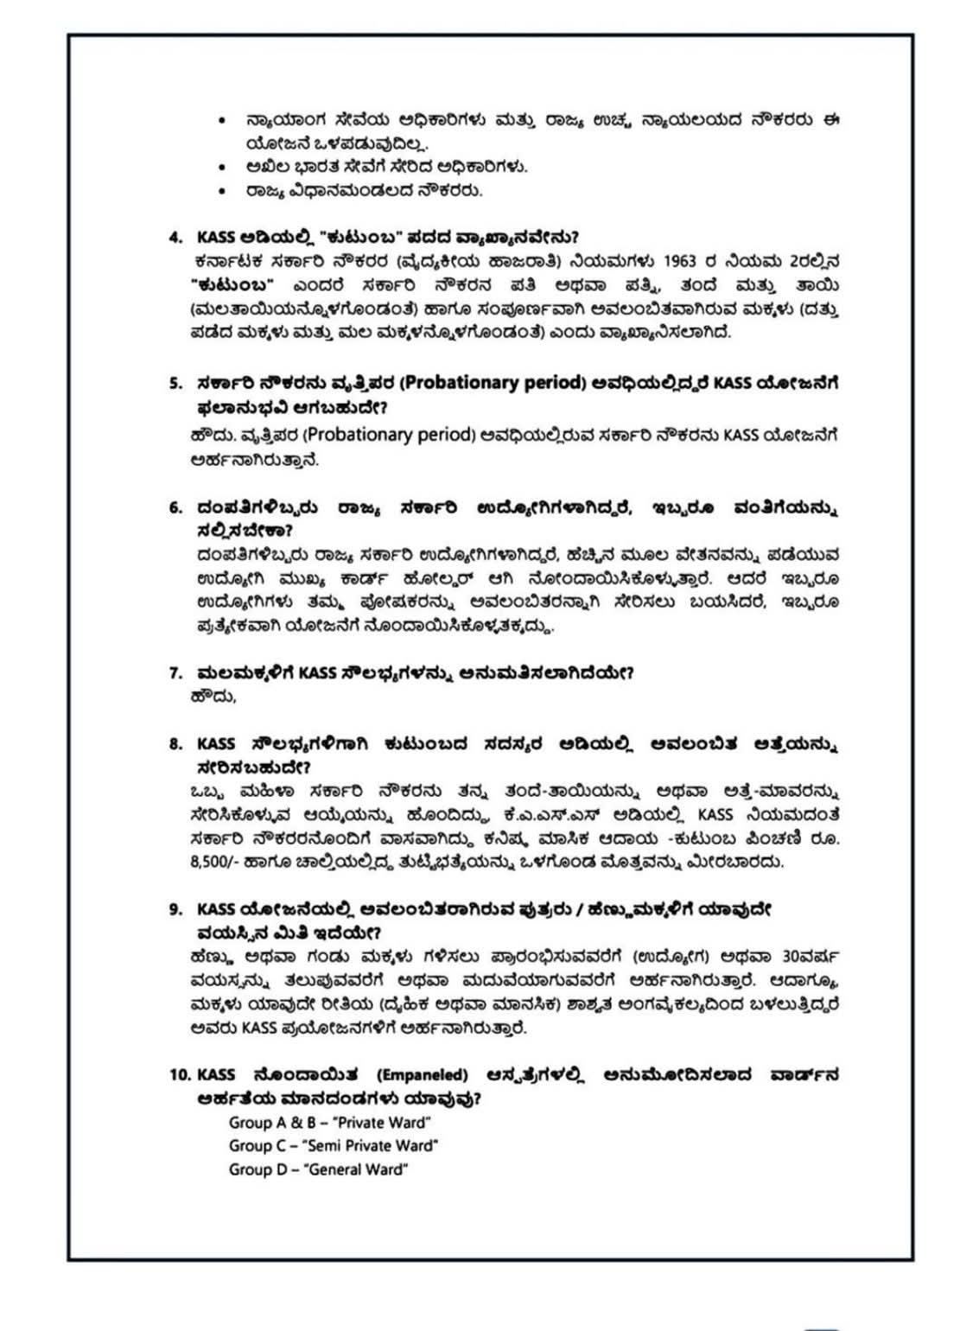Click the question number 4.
[x=175, y=237]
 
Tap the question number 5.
[x=175, y=383]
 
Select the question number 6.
[x=175, y=507]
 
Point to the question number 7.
[x=175, y=673]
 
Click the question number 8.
[x=175, y=743]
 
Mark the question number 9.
[x=175, y=909]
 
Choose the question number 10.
[x=180, y=1075]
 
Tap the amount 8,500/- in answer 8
[x=215, y=862]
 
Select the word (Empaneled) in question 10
[x=422, y=1075]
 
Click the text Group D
[x=257, y=1169]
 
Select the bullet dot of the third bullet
[x=223, y=190]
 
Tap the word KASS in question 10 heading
[x=216, y=1075]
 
